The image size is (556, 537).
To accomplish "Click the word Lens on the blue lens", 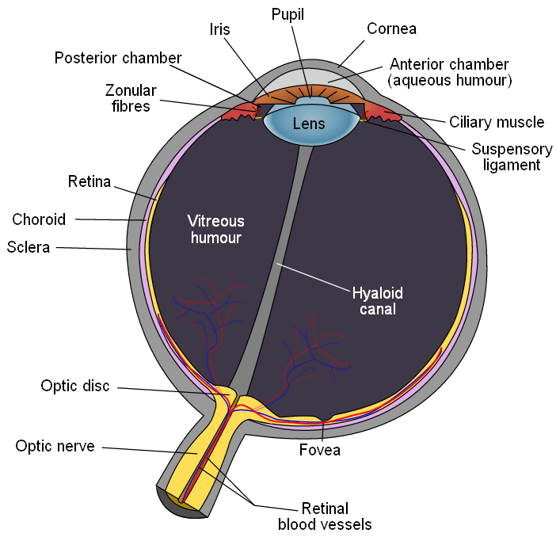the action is pos(309,124).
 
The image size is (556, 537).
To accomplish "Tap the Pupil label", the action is pos(288,15).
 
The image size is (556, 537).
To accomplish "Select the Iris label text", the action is pos(220,29).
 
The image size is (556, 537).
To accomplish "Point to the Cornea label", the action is pos(391,29).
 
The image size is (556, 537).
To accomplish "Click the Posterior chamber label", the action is pos(118,58).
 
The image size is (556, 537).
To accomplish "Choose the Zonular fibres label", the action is pos(131,98).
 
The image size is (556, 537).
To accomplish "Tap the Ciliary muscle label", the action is pos(497,122).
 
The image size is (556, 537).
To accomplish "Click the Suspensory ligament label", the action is pos(512,157).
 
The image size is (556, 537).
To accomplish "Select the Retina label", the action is pos(89,181).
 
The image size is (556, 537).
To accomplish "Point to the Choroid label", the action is pos(39,219).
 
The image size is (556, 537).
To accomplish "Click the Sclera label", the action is pos(29,247).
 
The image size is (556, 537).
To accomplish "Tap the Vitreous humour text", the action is pos(216,230).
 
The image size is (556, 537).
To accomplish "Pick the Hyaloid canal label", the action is pos(378,301).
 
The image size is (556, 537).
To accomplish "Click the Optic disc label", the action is pos(75,386).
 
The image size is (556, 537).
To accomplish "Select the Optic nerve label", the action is pos(55,446).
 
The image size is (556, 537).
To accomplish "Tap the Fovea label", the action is pos(320,450).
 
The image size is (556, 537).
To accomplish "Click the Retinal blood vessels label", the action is pos(325,516).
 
